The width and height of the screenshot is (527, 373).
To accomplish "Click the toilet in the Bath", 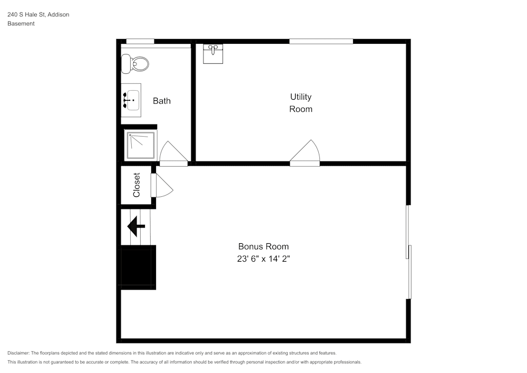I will coord(135,64).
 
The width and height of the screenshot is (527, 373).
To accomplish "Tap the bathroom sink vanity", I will coord(131,100).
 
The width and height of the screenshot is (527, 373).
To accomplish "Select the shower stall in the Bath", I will coord(140,145).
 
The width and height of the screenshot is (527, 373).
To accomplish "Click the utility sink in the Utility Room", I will coord(213,54).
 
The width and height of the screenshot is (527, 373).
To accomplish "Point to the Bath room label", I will coord(162,101).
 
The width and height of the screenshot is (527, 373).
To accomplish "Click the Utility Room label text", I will coord(301,103).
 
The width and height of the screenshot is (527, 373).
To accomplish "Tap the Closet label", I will coord(136,185).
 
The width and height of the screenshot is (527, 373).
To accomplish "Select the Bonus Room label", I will coord(263,246).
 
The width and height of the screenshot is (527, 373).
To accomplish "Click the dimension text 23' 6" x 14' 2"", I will coord(263,259).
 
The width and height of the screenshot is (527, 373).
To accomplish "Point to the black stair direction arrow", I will coord(136,226).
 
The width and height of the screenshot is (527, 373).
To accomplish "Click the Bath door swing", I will coord(173,154).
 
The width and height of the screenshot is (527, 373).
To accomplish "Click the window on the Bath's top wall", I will coord(140,42).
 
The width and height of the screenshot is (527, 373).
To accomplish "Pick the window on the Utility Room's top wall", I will coord(321,42).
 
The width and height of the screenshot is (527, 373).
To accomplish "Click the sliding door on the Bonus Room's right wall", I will coord(409,252).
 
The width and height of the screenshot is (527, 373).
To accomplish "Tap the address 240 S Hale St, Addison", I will coord(38,15).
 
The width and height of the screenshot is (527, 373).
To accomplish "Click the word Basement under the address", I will coord(21,24).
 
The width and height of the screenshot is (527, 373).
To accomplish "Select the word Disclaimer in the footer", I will coord(18,353).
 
